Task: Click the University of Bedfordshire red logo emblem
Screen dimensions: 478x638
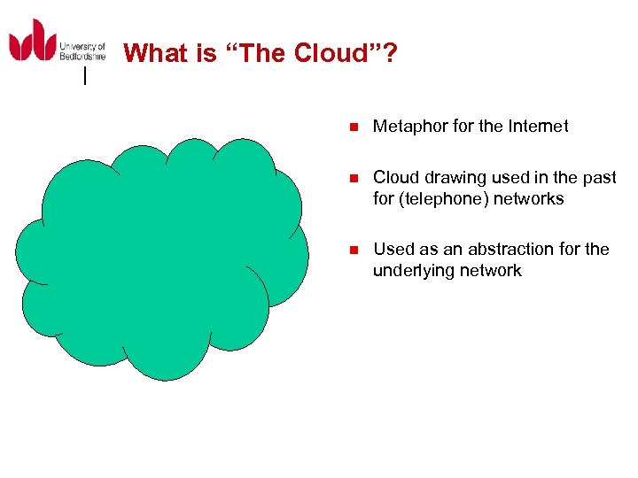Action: [32, 42]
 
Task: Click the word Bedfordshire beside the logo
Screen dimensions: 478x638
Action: [82, 56]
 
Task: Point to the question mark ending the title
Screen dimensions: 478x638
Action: [390, 53]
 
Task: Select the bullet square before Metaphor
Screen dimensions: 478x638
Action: [352, 127]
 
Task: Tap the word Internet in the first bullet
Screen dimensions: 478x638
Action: [538, 127]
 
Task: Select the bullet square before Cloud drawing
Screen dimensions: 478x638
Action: [352, 178]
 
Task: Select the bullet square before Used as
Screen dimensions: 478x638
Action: [352, 250]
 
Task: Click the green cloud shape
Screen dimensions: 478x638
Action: [164, 257]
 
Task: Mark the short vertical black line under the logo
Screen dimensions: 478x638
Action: [84, 76]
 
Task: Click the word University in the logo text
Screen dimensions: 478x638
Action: [82, 46]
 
